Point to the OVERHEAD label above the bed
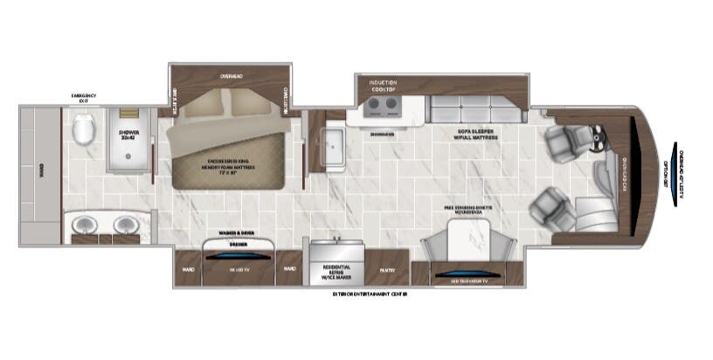tap(232, 77)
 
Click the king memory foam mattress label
tap(230, 166)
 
